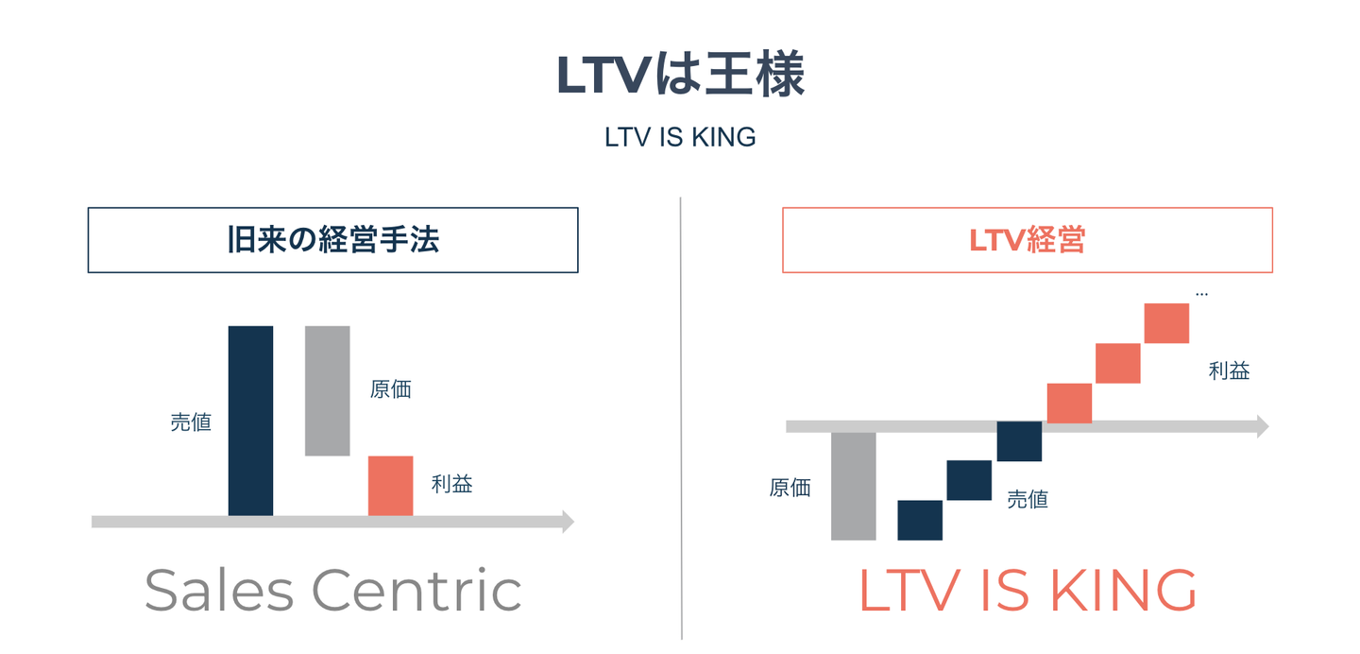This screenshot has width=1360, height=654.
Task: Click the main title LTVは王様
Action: pos(680,76)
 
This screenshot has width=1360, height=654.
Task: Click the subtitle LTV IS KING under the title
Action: pos(680,137)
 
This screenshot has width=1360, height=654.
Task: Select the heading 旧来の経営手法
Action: pos(332,239)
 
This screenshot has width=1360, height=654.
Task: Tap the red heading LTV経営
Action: pos(1027,240)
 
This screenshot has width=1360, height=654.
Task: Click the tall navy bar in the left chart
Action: pos(251,421)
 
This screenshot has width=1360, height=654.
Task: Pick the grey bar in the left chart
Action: pos(327,391)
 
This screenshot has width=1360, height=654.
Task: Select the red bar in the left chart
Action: pos(390,486)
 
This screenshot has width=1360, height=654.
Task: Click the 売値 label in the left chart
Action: pos(191,422)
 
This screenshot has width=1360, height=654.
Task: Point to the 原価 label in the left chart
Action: pos(390,389)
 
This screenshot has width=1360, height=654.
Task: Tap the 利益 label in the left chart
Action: pos(451,484)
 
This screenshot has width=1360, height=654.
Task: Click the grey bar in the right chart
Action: pos(853,486)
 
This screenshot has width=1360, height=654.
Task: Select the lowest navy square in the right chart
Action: pos(920,521)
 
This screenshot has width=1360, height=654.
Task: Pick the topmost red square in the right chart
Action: pos(1166,323)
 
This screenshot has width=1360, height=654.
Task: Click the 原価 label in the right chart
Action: pos(790,488)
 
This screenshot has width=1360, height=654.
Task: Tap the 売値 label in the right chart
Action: pos(1028,500)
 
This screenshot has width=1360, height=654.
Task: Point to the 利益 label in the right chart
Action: pos(1229,370)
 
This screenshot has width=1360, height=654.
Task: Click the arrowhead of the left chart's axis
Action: pos(569,522)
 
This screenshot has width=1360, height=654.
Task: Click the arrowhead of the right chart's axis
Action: pos(1263,426)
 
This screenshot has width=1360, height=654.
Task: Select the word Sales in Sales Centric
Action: pos(219,590)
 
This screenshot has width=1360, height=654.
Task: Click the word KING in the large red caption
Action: pos(1123,590)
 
